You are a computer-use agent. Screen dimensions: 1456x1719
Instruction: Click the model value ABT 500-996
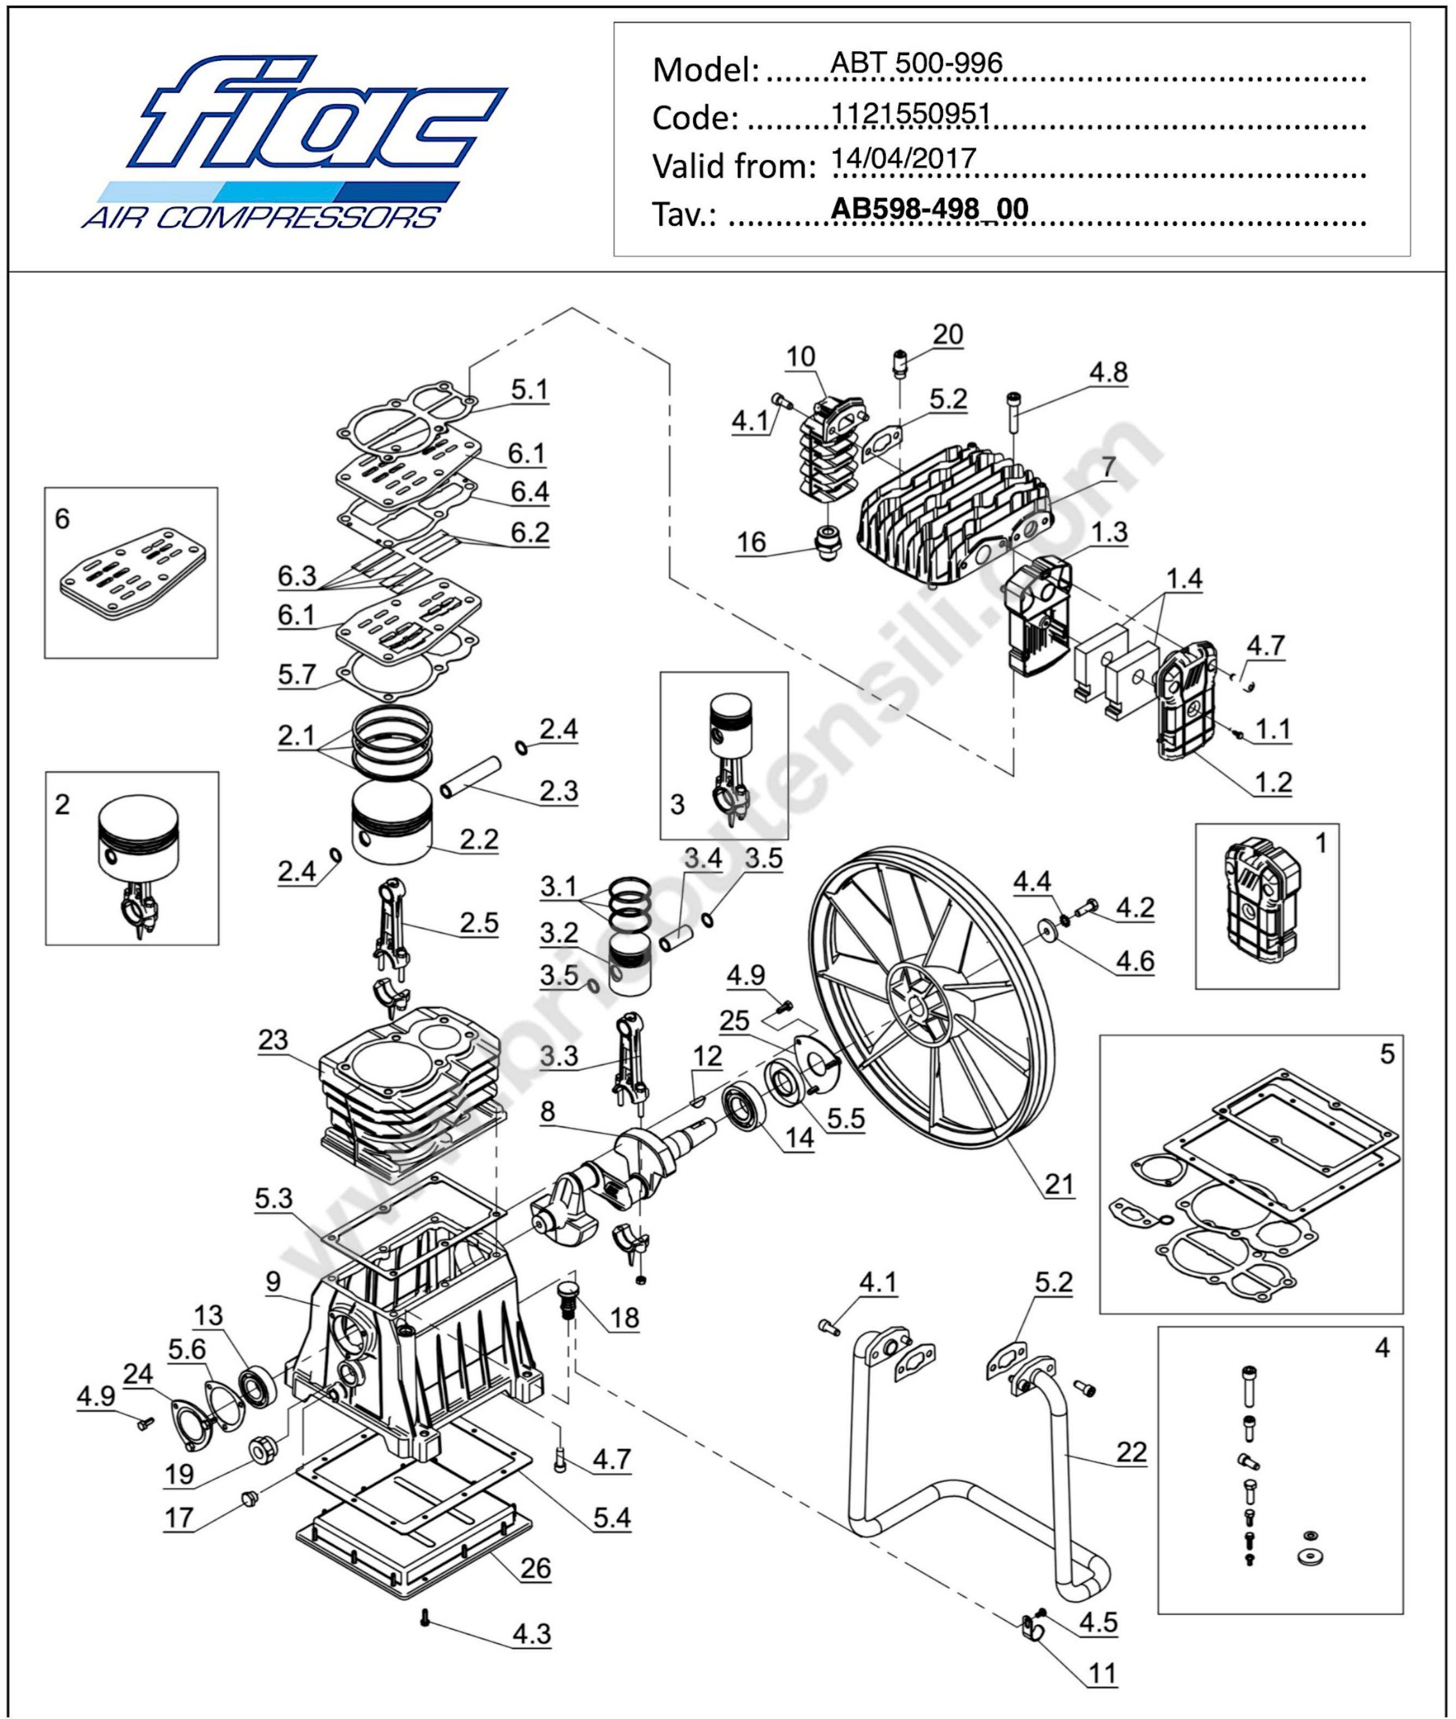(x=916, y=63)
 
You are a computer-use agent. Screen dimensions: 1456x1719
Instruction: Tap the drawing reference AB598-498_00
(x=929, y=208)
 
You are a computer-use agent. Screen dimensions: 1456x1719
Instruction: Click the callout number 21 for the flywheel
(x=1059, y=1184)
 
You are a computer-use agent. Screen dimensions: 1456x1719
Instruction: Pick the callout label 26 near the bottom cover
(x=535, y=1568)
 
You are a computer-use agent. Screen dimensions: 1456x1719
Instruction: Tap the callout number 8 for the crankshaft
(x=547, y=1111)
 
